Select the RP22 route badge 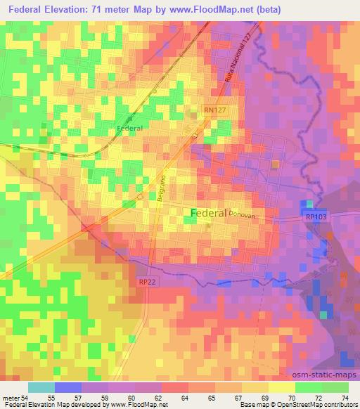click(x=146, y=282)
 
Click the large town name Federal click(x=208, y=213)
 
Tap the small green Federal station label click(x=129, y=129)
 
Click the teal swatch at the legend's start click(x=41, y=387)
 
